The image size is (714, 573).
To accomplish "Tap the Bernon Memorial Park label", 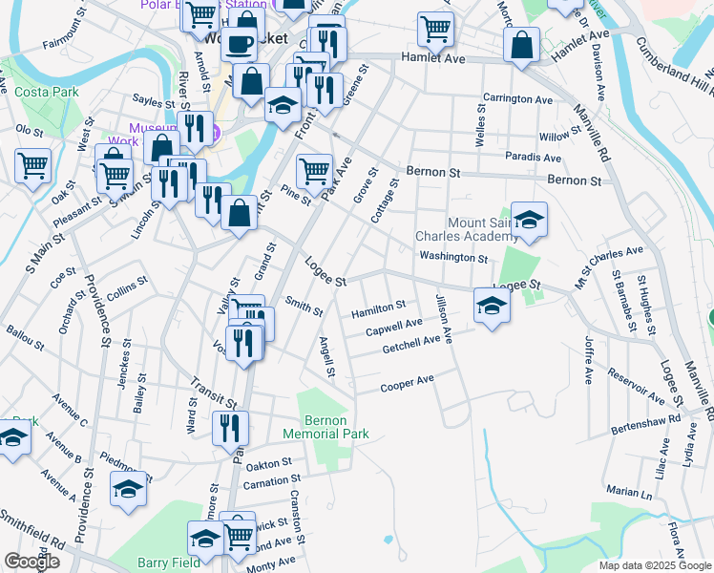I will coord(336,427).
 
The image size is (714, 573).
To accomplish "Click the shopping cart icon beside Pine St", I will coord(314,172).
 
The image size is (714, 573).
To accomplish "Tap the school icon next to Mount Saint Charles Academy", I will coord(529,220).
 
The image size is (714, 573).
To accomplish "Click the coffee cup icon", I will coord(240,43).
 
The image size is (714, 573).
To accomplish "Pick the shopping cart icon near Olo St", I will coord(32,165).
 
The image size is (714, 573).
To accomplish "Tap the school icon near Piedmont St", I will coord(129,488).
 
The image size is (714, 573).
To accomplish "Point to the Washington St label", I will coord(453,257).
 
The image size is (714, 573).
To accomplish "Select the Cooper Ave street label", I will coord(408,383).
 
